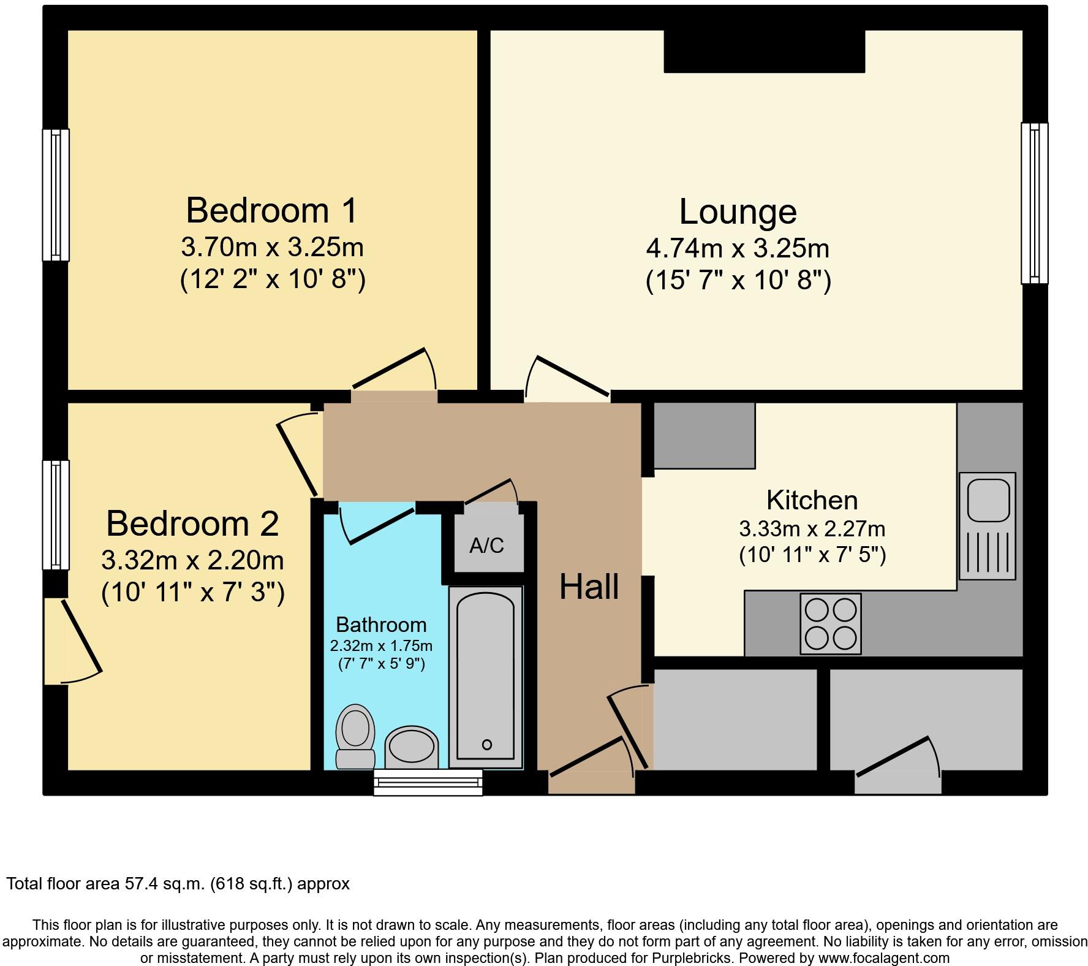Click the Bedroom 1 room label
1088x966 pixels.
pyautogui.click(x=271, y=210)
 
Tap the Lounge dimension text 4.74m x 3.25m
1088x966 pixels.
pyautogui.click(x=738, y=248)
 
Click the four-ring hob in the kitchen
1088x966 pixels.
pyautogui.click(x=830, y=624)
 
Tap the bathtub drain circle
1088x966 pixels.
pyautogui.click(x=486, y=745)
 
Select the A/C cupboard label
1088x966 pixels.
pyautogui.click(x=486, y=546)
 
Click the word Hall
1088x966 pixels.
pyautogui.click(x=589, y=587)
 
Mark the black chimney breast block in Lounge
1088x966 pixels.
pyautogui.click(x=764, y=51)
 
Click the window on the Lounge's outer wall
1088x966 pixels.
pyautogui.click(x=1034, y=203)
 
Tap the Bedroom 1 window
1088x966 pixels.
pyautogui.click(x=56, y=195)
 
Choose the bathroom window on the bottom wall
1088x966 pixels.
pyautogui.click(x=428, y=783)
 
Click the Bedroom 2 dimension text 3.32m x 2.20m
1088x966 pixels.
pyautogui.click(x=192, y=560)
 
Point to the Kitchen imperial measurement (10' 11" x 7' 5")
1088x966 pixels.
pyautogui.click(x=812, y=555)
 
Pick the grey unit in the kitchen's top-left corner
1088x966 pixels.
pyautogui.click(x=704, y=435)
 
